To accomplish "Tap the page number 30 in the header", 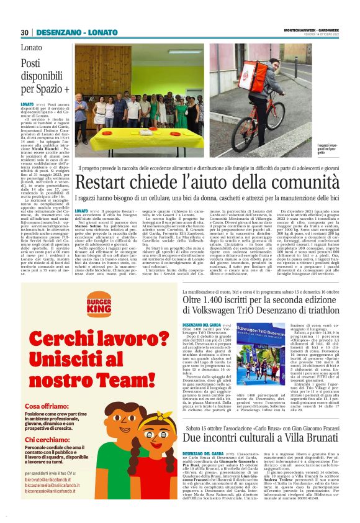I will coord(25,32).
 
